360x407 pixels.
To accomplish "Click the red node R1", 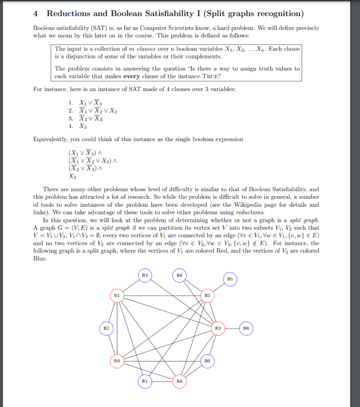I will (116, 295).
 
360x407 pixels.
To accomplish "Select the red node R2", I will (207, 295).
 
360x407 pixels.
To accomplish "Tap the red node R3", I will (217, 328).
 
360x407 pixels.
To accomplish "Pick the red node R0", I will (116, 361).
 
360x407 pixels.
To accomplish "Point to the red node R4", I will (179, 381).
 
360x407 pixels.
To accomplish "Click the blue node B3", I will (145, 275).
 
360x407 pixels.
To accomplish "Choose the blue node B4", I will (179, 275).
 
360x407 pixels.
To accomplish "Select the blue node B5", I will (230, 279).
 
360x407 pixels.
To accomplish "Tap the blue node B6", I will (246, 328).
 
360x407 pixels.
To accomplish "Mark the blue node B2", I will (106, 328).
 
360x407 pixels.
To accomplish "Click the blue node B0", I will (207, 361).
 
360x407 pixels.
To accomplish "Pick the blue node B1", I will (145, 381).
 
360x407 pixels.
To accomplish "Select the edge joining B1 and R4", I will (162, 381).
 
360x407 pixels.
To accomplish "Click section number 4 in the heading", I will (36, 14).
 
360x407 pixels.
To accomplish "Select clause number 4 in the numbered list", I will (71, 126).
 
